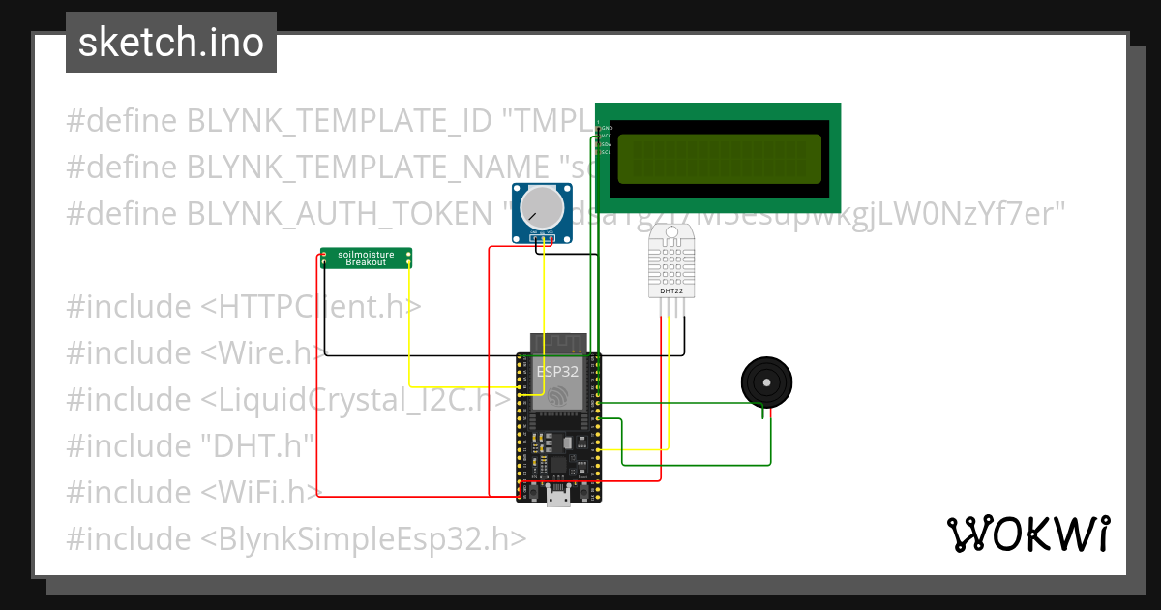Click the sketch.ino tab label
171,43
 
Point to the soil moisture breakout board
366,258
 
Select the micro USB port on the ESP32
558,499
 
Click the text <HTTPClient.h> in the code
312,306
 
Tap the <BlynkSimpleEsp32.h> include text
364,538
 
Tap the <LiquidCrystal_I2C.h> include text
355,399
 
